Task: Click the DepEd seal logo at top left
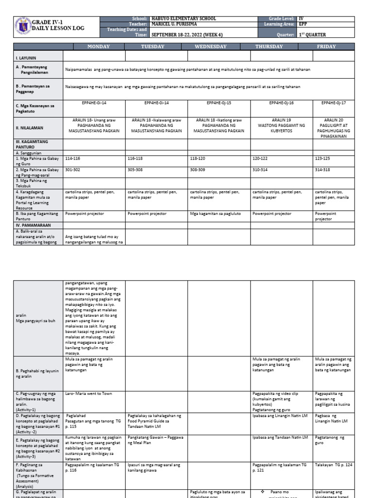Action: point(23,27)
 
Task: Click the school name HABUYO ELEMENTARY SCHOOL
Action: point(184,18)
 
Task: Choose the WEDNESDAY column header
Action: point(219,47)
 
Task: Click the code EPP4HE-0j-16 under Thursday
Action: point(281,103)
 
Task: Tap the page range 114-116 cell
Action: point(72,159)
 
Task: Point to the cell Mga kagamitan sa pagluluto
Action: point(213,213)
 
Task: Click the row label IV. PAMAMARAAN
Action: point(32,226)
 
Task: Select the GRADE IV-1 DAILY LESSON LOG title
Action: point(58,25)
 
